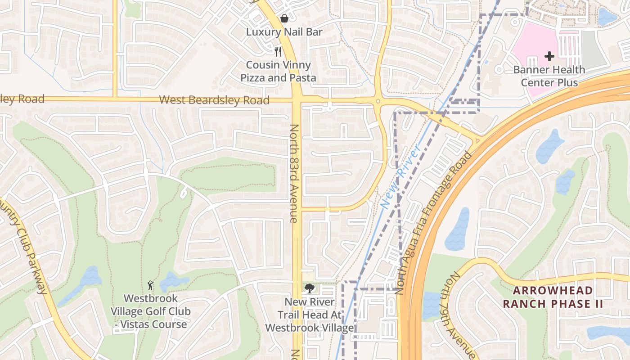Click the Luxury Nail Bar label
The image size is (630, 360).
pos(284,32)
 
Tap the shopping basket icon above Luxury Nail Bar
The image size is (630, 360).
pos(284,18)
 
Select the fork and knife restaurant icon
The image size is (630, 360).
pos(278,51)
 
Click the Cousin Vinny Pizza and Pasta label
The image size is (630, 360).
pos(278,71)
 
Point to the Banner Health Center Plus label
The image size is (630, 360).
pos(549,76)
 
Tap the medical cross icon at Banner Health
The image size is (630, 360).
pos(549,56)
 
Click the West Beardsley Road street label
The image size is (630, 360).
pos(214,100)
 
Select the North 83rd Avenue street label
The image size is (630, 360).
pos(294,173)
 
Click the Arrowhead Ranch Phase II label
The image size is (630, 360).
pos(553,297)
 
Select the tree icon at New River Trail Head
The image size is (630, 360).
pos(309,288)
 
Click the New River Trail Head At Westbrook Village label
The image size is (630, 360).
pos(309,315)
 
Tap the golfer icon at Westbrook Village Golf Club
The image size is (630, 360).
pos(150,285)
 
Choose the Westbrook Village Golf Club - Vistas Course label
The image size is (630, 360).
pos(150,311)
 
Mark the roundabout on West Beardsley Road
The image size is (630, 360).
pos(378,102)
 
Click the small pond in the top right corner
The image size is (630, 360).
pos(607,17)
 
